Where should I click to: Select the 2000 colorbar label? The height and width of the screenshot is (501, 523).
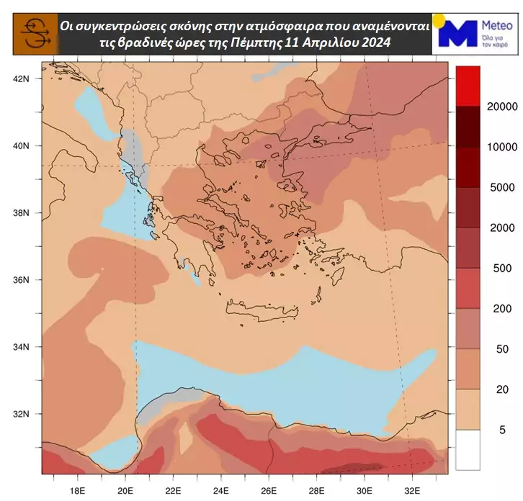coord(498,227)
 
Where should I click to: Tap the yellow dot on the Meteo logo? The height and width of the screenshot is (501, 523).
coord(438,19)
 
